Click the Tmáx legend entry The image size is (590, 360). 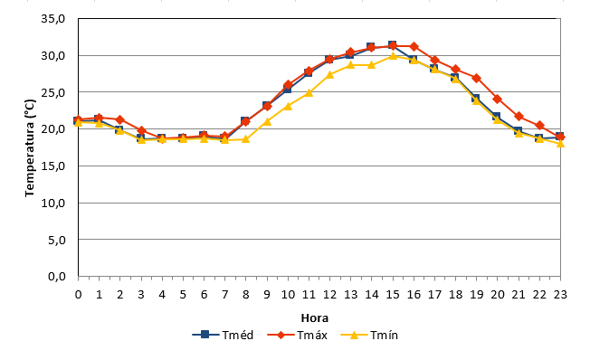tap(297, 335)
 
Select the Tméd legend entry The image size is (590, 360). tap(223, 335)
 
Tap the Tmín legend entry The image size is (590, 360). tap(369, 335)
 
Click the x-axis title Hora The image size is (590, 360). tap(315, 318)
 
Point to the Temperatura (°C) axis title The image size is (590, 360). tap(30, 147)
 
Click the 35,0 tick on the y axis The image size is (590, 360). tap(53, 18)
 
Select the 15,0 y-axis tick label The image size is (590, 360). tap(53, 166)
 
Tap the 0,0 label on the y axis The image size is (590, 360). tap(57, 277)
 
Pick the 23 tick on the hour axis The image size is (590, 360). tap(560, 295)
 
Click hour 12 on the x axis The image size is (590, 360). tap(329, 295)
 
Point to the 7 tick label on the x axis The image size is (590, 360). tap(224, 295)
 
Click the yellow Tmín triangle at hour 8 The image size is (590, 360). tap(246, 138)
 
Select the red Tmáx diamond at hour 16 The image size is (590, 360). tap(414, 46)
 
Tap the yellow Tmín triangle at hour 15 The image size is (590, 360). tap(393, 56)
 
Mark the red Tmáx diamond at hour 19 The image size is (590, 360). tap(476, 78)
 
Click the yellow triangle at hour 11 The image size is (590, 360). tap(309, 92)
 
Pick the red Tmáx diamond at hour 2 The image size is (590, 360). tap(120, 119)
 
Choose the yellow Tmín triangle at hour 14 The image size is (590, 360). tap(372, 65)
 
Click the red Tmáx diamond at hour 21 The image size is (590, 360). tap(519, 117)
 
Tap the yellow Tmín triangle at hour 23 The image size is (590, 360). tap(560, 143)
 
